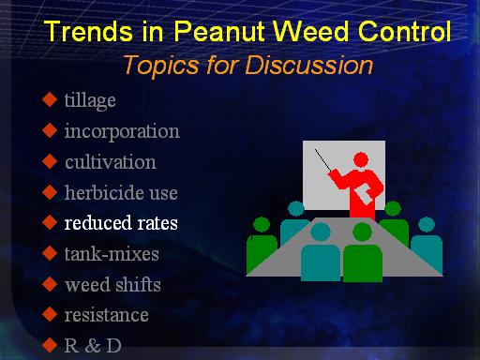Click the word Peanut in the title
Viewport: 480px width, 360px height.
tap(219, 31)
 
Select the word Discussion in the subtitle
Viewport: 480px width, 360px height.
tap(308, 65)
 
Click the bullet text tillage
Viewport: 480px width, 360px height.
tap(90, 101)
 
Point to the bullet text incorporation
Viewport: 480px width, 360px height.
tap(122, 131)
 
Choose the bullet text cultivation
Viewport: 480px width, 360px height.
tap(111, 162)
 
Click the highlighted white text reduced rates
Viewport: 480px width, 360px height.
tap(121, 223)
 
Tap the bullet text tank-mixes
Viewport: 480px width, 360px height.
tap(112, 253)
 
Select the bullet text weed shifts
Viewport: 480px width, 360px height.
tap(112, 284)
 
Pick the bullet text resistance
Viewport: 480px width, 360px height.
tap(106, 315)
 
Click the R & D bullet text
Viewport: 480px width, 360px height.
tap(93, 345)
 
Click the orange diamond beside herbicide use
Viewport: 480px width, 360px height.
tap(50, 192)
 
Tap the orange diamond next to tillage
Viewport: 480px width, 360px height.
tap(50, 99)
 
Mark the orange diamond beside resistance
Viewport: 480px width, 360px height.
tap(50, 315)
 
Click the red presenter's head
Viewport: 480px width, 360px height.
tap(361, 160)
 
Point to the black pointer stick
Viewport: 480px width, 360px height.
tap(322, 160)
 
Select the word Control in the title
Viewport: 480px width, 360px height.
tap(404, 31)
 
